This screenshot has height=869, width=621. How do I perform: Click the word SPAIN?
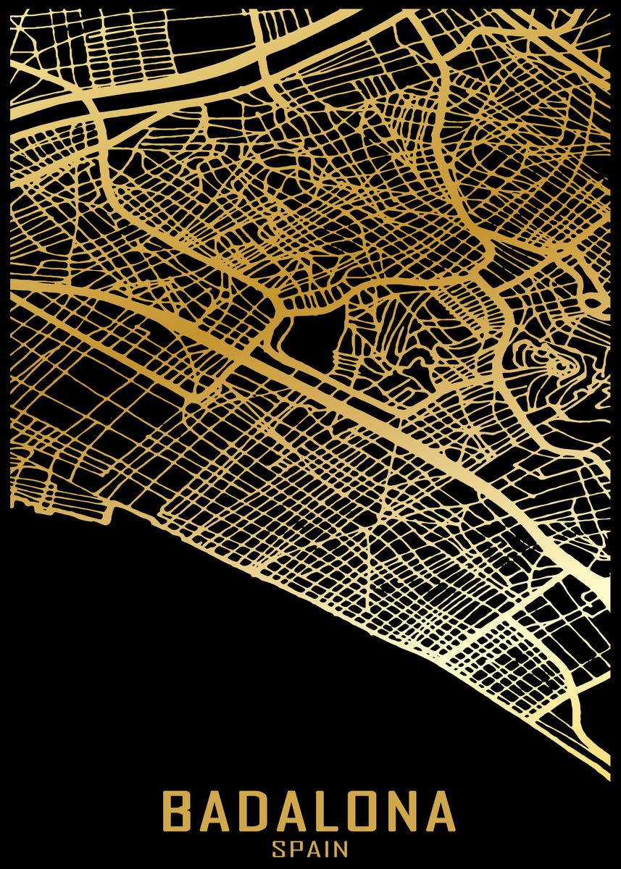tap(310, 849)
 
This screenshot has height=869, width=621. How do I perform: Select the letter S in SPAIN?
tap(278, 849)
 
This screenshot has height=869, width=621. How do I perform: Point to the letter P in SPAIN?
tap(294, 849)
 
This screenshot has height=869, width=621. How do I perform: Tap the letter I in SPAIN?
tap(327, 849)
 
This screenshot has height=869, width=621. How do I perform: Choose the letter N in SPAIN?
tap(341, 849)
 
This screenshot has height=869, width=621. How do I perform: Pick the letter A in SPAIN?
tap(312, 849)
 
